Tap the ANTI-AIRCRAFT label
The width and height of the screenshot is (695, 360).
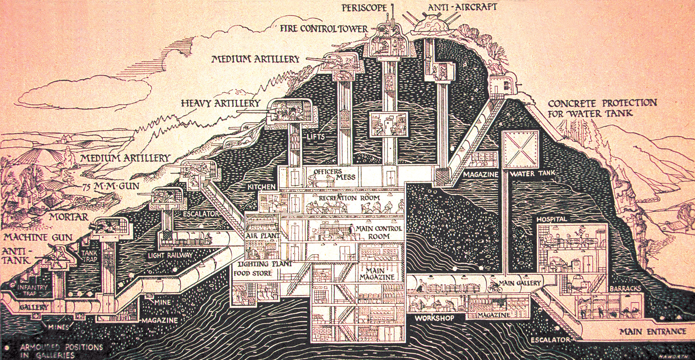tap(462, 7)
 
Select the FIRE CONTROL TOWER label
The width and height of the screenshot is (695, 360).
tap(324, 29)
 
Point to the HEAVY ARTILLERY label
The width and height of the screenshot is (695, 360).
tap(220, 104)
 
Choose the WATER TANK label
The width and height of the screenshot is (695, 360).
tap(532, 174)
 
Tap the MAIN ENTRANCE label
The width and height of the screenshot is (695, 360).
tap(652, 331)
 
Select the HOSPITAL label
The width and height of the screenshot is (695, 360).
tap(552, 219)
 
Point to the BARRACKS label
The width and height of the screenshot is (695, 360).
tap(625, 289)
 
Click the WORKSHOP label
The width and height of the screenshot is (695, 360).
tap(434, 318)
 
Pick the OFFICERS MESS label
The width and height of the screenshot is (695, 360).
tap(334, 174)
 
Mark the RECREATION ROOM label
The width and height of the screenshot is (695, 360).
tap(349, 198)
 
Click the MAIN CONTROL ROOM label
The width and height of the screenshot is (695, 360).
tap(379, 233)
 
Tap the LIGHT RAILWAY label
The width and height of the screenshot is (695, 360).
tap(170, 255)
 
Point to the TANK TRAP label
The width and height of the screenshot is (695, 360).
tap(89, 256)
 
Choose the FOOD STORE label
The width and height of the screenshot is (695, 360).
tap(252, 273)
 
